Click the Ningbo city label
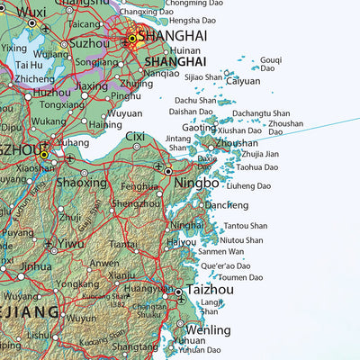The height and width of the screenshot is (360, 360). (x=197, y=183)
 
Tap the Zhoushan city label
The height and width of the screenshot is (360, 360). (x=238, y=143)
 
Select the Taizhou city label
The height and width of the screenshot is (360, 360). (x=211, y=292)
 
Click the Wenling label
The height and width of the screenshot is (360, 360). (x=208, y=330)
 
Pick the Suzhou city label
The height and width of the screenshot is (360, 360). (x=89, y=42)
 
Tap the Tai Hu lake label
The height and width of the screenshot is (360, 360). (x=28, y=65)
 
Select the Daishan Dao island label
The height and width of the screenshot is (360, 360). (x=190, y=112)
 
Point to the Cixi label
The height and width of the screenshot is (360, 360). (x=135, y=137)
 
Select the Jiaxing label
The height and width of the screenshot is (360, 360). (x=91, y=86)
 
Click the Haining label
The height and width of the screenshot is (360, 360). (x=105, y=124)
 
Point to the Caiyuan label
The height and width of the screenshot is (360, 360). (x=243, y=81)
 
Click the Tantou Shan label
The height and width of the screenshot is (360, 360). (x=245, y=226)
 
